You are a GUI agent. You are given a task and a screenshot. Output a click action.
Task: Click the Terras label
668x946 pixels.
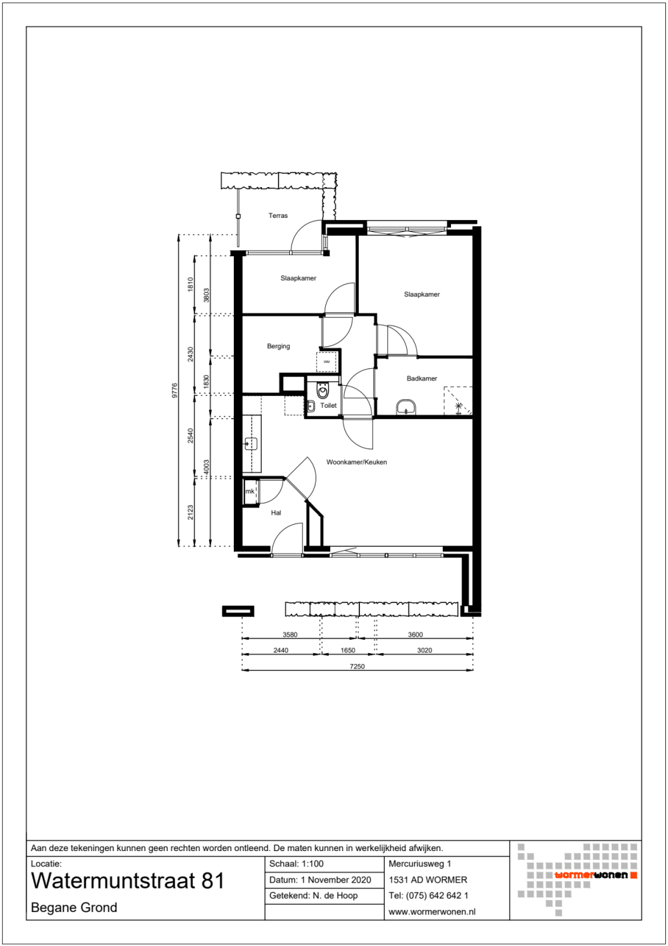pos(278,216)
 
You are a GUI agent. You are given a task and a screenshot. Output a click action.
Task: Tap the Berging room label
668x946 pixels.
pos(279,346)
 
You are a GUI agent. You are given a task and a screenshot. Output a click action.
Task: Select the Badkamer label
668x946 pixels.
pos(422,378)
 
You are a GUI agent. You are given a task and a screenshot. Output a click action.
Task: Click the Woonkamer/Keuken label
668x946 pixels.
pos(356,462)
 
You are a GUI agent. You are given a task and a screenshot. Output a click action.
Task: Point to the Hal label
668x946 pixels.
pos(276,513)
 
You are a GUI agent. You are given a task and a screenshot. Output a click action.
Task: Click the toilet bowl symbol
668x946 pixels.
pos(323,391)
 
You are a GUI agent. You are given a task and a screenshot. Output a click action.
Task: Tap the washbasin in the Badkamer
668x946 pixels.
pos(405,406)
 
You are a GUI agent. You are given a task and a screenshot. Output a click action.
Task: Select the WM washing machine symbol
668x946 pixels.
pos(327,362)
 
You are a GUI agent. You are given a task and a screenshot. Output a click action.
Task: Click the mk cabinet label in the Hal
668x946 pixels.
pos(250,491)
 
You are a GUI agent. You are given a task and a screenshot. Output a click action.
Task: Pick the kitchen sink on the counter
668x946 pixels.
pos(251,443)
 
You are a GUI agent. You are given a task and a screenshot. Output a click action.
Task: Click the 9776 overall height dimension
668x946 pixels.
pos(175,390)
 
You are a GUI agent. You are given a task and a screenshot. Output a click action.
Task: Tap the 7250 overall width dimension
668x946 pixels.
pos(357,666)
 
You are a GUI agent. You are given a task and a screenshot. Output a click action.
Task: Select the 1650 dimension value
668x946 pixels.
pos(348,650)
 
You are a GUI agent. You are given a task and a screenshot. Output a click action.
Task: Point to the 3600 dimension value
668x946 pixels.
pos(415,634)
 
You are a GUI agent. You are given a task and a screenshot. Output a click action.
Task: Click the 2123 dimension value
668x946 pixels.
pos(190,512)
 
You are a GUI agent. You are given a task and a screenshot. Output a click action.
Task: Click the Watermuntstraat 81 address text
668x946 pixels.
pos(128,881)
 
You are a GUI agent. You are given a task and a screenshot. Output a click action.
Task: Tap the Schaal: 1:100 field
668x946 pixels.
pos(297,864)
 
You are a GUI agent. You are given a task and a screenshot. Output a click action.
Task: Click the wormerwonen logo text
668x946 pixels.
pos(591,875)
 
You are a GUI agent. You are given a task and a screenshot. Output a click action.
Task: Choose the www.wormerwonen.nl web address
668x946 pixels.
pos(432,911)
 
